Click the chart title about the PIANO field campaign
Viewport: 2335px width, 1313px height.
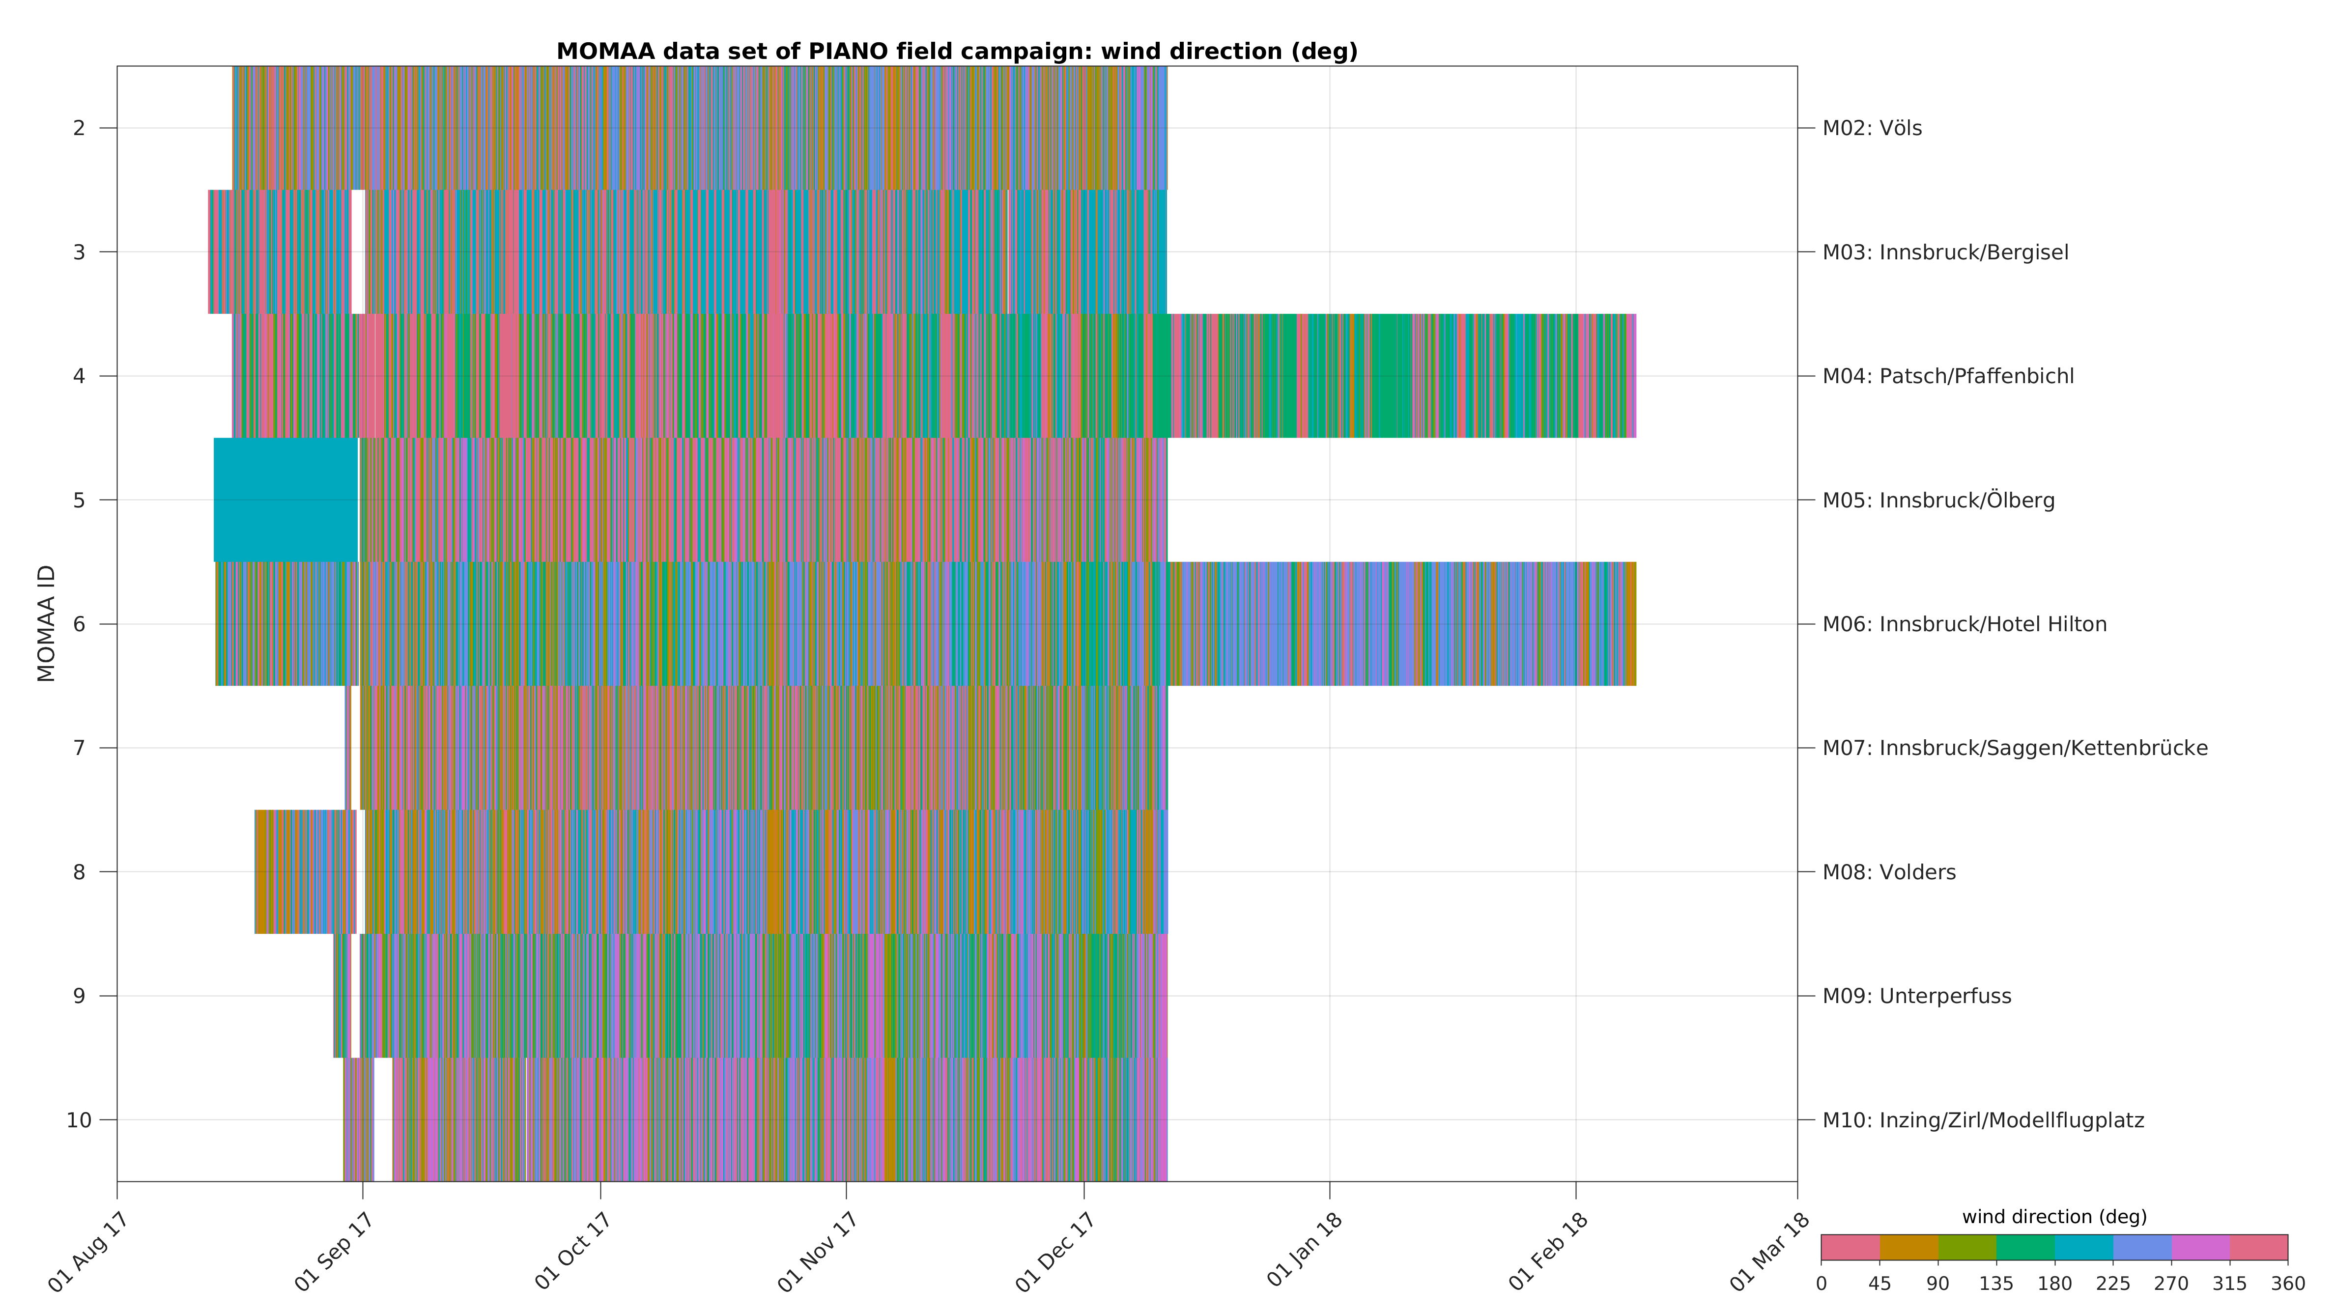pyautogui.click(x=956, y=52)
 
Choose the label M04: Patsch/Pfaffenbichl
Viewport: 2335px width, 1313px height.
pyautogui.click(x=1948, y=376)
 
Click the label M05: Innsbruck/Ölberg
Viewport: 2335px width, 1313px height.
pyautogui.click(x=1938, y=500)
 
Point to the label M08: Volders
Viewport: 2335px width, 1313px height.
pyautogui.click(x=1889, y=872)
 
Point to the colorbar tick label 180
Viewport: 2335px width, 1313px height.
pyautogui.click(x=2054, y=1284)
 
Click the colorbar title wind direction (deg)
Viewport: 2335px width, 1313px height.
pyautogui.click(x=2054, y=1217)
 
